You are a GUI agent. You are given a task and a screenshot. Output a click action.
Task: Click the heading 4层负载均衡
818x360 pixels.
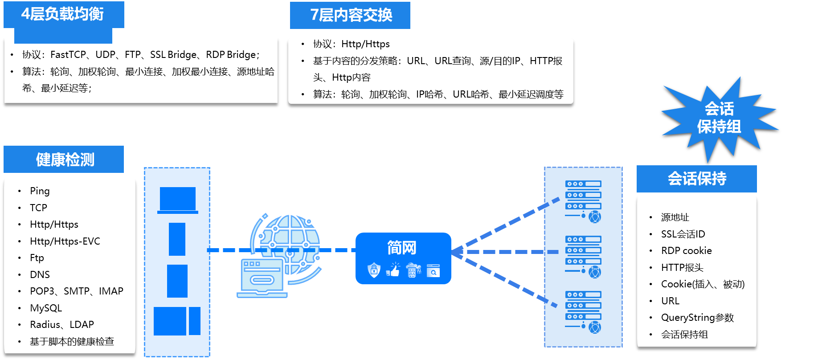(x=62, y=14)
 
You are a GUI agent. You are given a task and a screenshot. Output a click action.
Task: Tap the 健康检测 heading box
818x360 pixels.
(x=64, y=160)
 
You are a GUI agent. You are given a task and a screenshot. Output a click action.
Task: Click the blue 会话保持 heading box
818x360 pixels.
(x=697, y=179)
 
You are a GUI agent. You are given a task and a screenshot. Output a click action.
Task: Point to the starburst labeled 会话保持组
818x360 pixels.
(x=719, y=118)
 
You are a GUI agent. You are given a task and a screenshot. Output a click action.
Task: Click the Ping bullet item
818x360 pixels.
(x=40, y=191)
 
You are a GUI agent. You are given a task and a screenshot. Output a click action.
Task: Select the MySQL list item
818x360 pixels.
(x=46, y=308)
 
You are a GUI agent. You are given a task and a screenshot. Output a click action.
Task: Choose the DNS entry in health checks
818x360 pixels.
(x=40, y=274)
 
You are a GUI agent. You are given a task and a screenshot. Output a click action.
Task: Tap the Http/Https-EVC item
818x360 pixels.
(x=65, y=241)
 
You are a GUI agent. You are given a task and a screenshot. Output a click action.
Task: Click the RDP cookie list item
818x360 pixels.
(x=687, y=250)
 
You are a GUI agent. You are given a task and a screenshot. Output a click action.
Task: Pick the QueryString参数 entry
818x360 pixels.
(x=697, y=318)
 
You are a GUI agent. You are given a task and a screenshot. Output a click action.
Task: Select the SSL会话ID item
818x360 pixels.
(x=683, y=234)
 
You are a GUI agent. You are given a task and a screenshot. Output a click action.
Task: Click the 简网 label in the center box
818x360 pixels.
(x=402, y=248)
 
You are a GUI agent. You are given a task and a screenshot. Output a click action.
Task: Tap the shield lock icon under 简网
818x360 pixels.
(x=374, y=270)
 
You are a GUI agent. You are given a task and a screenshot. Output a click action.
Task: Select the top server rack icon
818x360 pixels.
(x=583, y=201)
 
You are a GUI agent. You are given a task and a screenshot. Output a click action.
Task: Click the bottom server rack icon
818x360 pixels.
(x=583, y=312)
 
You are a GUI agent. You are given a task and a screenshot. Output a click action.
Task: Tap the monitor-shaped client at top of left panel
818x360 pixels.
(x=178, y=200)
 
